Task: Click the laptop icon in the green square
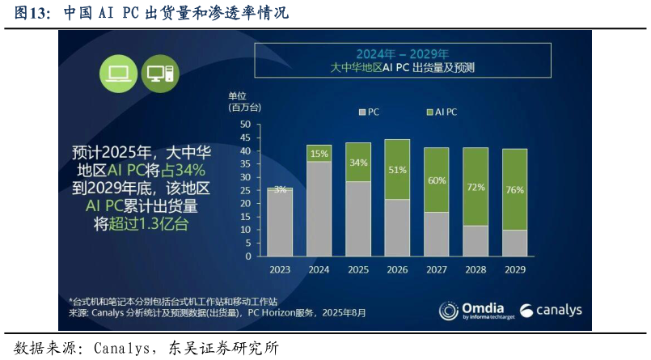point(118,73)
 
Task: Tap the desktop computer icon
point(159,73)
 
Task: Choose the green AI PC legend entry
point(441,112)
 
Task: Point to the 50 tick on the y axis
point(246,125)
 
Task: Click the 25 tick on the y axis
point(246,190)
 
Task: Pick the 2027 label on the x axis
point(436,270)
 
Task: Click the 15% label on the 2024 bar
point(319,154)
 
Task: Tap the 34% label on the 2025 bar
point(358,163)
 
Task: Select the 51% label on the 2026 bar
point(397,170)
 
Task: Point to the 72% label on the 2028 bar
point(476,187)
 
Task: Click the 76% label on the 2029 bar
point(514,190)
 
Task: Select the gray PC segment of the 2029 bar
point(514,243)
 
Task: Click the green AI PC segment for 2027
point(436,180)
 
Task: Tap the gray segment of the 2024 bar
point(319,209)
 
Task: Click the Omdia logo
point(474,311)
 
